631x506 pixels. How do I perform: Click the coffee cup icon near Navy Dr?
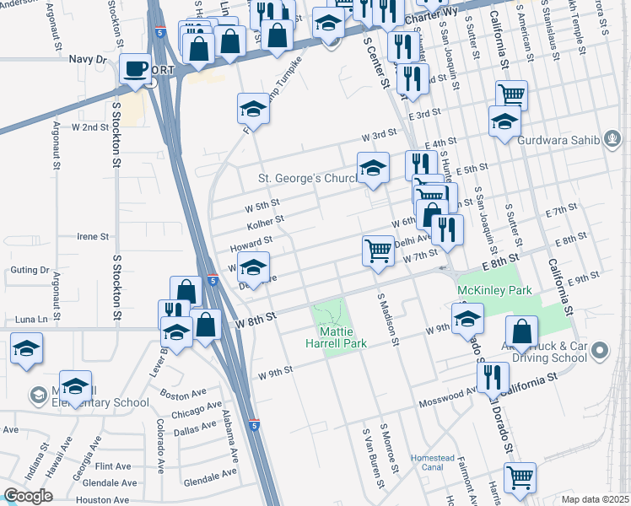[134, 69]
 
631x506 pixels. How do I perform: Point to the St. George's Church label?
[305, 179]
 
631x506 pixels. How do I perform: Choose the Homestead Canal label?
[432, 462]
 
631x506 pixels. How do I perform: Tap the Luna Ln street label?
[32, 320]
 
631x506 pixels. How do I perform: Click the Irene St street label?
[94, 237]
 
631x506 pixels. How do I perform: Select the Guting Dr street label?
[30, 270]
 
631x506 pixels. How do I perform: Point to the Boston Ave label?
[185, 394]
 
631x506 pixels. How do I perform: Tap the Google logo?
[28, 496]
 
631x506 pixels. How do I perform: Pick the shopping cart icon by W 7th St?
[379, 250]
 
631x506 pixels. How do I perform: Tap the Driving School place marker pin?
[599, 349]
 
